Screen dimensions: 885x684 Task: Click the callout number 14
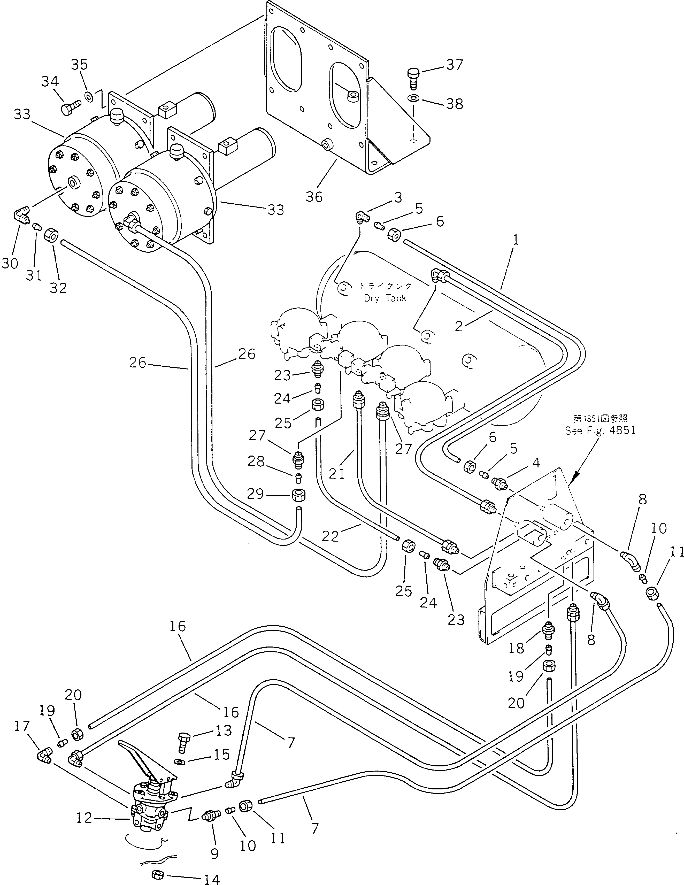pyautogui.click(x=212, y=878)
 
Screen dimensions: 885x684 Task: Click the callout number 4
pyautogui.click(x=536, y=463)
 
